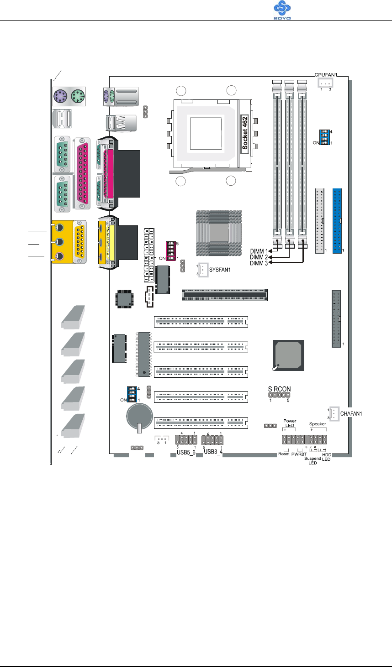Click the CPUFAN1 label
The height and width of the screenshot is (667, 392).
click(x=326, y=74)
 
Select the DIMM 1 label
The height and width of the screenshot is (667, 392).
click(x=259, y=251)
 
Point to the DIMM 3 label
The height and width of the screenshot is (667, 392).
click(x=259, y=263)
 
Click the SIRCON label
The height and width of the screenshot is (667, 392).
click(x=279, y=389)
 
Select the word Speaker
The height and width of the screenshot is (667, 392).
click(x=318, y=424)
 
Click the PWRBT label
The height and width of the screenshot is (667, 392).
click(x=298, y=454)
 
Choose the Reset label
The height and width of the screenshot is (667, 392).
click(x=284, y=454)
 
